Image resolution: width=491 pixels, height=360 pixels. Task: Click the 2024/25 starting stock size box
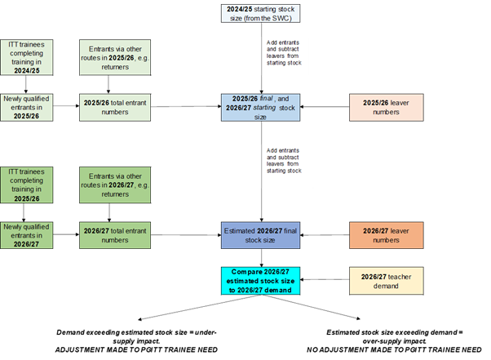[x=259, y=13]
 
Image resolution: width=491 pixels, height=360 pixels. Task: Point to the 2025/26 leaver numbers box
[x=380, y=106]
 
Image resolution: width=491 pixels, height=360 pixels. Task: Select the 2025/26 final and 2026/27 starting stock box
[x=259, y=106]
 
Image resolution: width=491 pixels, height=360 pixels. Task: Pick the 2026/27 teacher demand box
[x=380, y=280]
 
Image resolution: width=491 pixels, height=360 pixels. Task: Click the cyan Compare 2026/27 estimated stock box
[x=259, y=280]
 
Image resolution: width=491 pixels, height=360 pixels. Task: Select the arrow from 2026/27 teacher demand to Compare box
[x=323, y=280]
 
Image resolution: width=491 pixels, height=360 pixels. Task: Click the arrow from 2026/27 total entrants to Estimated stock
[x=181, y=235]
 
